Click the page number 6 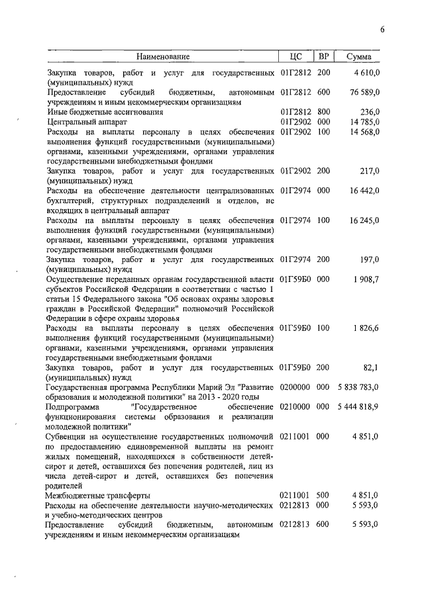(x=382, y=28)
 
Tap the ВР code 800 (x=323, y=112)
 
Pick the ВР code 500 (x=323, y=495)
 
